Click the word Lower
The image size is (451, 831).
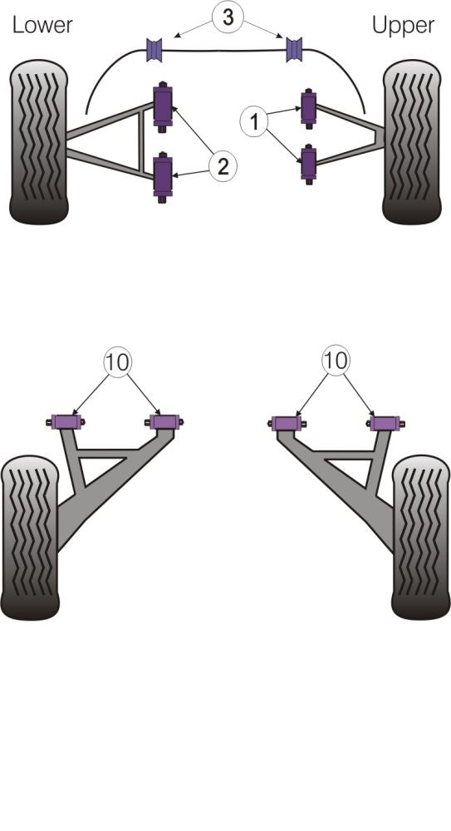click(x=42, y=25)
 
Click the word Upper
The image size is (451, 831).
click(x=403, y=26)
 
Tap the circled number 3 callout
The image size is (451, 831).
click(x=228, y=17)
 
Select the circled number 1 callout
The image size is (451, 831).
click(x=254, y=122)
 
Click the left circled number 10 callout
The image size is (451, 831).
click(x=117, y=362)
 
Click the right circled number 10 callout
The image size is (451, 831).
click(x=336, y=361)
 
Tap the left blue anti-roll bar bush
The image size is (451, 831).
click(x=154, y=49)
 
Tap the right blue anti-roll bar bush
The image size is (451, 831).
click(x=294, y=49)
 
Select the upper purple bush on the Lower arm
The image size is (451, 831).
click(x=163, y=106)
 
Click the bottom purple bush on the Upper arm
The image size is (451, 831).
click(x=308, y=163)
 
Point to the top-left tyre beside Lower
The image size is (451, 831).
click(x=39, y=141)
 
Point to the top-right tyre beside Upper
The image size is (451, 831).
click(x=412, y=141)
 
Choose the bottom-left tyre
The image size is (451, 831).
click(x=30, y=537)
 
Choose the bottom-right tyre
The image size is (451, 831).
click(x=421, y=537)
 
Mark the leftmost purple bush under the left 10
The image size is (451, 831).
click(x=66, y=422)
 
